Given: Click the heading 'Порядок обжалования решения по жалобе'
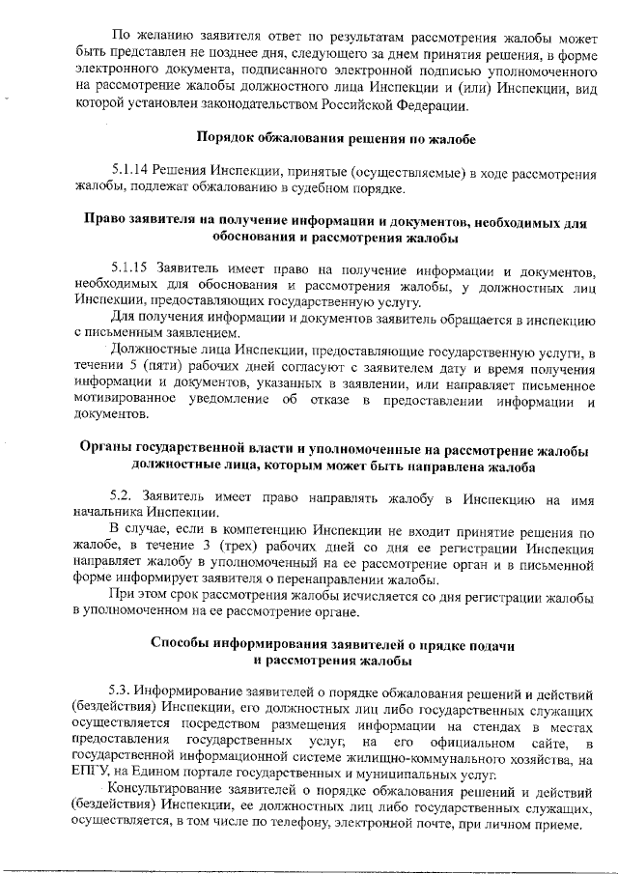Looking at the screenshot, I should pyautogui.click(x=335, y=137).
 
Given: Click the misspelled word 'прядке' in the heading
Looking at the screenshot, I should pyautogui.click(x=425, y=643).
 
